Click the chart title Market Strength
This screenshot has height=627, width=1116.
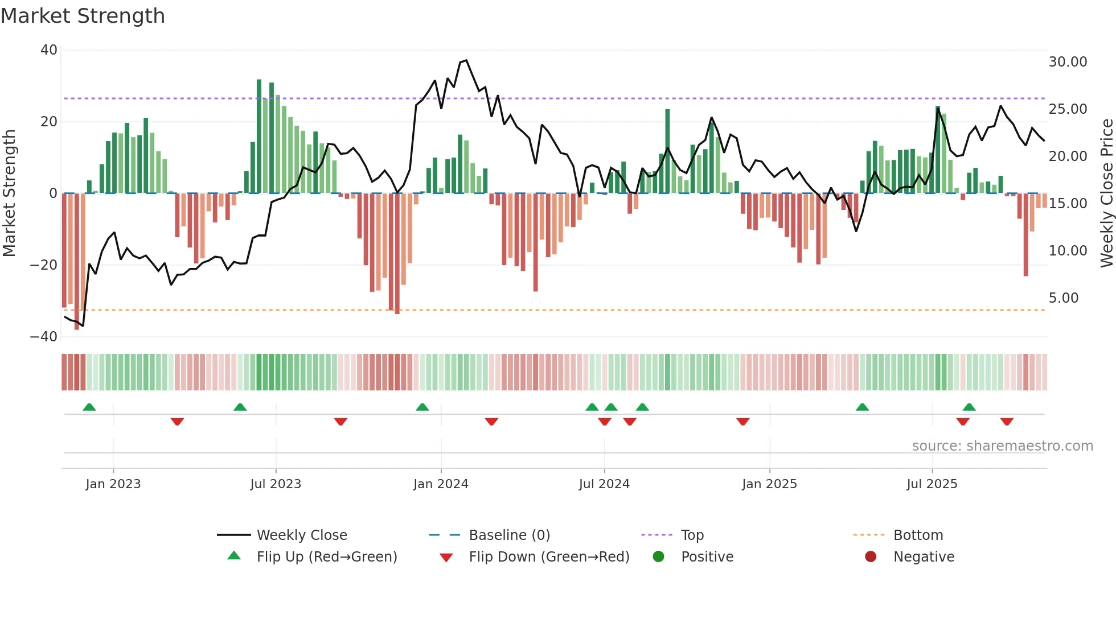click(83, 16)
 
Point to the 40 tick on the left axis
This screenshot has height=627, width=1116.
click(49, 50)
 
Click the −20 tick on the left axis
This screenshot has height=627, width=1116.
click(44, 265)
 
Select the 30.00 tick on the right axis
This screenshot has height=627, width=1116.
click(1068, 62)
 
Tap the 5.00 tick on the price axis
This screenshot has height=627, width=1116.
click(1063, 298)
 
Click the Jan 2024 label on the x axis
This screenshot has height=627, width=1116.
click(441, 484)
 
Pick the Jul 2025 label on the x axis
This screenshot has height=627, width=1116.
click(932, 484)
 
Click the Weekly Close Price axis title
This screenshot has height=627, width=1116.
click(1106, 193)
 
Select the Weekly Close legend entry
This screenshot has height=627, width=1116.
click(301, 535)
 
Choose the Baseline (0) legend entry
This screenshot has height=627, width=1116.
click(509, 535)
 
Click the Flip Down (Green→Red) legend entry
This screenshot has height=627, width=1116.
click(549, 557)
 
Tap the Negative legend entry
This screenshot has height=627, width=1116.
click(924, 557)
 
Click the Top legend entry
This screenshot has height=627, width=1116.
click(692, 535)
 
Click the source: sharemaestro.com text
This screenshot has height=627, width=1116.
click(1002, 446)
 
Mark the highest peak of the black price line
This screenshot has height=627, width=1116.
click(466, 60)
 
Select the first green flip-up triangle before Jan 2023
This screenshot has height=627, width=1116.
click(89, 407)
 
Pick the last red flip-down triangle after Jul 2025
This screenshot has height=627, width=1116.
click(1007, 422)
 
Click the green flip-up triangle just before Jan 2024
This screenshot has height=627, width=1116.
click(422, 407)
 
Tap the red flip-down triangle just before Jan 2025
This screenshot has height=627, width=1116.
click(742, 422)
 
